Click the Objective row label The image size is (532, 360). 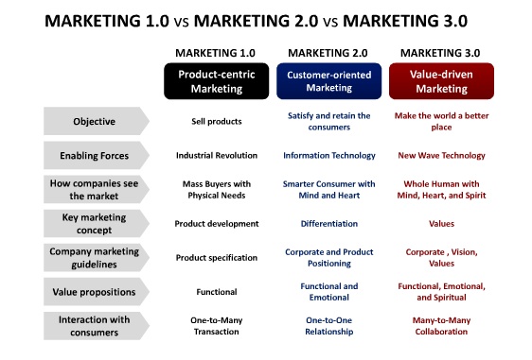click(95, 121)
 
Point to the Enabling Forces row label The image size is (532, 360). click(95, 155)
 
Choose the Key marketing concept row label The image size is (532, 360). click(95, 224)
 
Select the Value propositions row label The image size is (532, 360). click(95, 292)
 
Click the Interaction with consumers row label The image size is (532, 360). click(95, 326)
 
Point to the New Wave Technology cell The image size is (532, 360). click(441, 155)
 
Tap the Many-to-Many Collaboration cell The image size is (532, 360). click(441, 326)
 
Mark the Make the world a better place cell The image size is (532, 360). click(441, 121)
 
